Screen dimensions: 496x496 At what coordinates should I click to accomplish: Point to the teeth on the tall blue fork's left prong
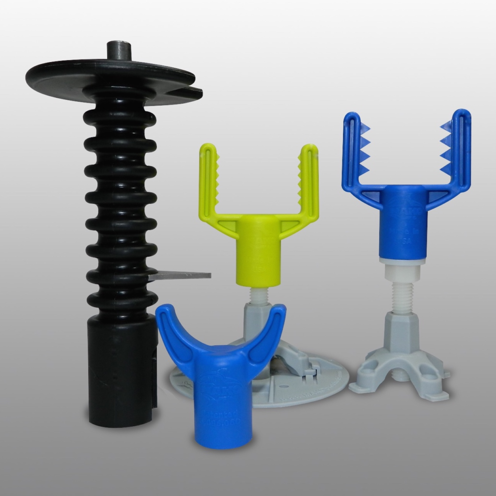coord(365,148)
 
